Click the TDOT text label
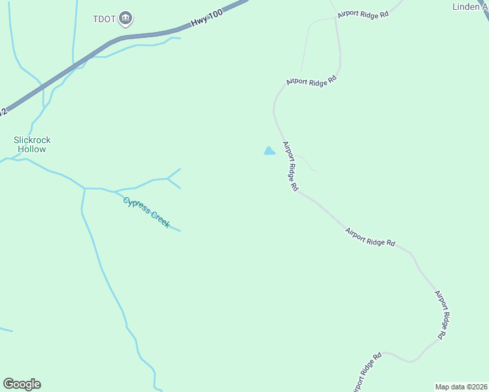(x=105, y=19)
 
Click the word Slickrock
(x=32, y=140)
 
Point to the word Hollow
(x=32, y=149)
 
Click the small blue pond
(x=269, y=152)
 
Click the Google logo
(x=22, y=384)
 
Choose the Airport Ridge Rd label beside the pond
(x=290, y=166)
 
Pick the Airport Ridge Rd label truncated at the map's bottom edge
(x=368, y=374)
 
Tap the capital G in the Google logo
(x=8, y=384)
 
